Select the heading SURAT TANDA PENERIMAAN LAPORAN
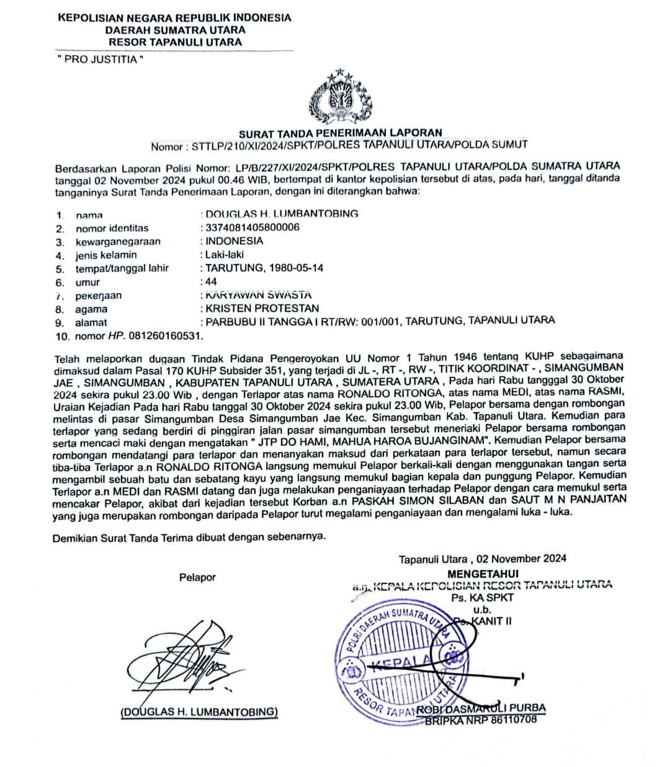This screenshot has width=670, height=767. point(341,132)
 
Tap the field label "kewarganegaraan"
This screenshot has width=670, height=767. point(118,242)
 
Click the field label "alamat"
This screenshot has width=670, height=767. point(91,322)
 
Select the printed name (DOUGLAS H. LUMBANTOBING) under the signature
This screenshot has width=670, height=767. point(199,712)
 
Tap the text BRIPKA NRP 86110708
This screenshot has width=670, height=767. point(481,720)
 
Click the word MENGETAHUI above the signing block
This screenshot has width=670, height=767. point(483,574)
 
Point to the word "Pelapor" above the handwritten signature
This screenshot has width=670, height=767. point(197,577)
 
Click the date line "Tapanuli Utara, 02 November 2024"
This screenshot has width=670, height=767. point(482,559)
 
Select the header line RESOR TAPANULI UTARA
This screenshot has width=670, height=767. point(175,43)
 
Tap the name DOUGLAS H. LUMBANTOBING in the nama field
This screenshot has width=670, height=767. point(282,214)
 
